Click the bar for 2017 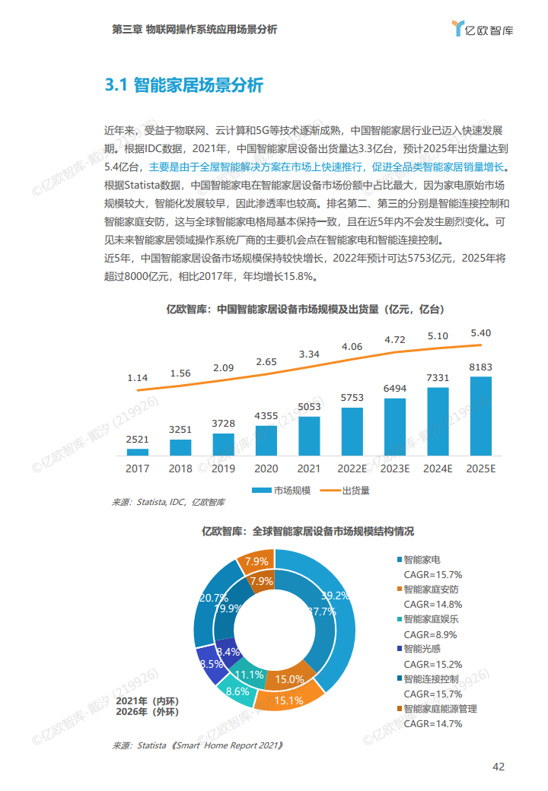(138, 451)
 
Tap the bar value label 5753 (352, 398)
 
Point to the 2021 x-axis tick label (309, 469)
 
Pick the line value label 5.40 (481, 333)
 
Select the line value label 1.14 (138, 378)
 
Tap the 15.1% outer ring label (289, 700)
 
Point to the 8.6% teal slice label (237, 691)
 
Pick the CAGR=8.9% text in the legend (432, 634)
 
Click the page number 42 (499, 766)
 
